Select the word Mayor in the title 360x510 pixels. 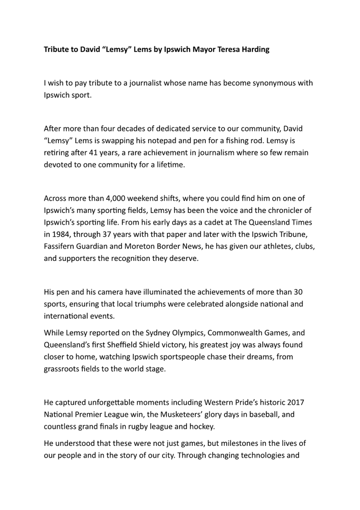pyautogui.click(x=204, y=50)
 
